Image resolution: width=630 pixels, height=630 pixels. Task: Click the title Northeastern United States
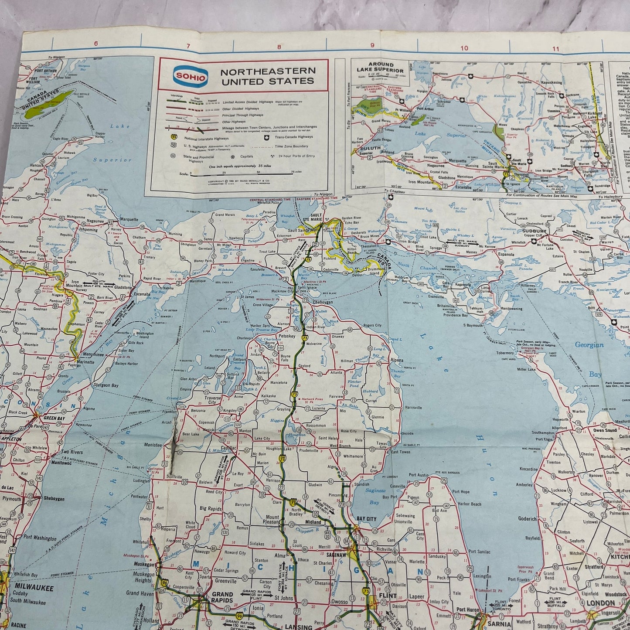tap(267, 76)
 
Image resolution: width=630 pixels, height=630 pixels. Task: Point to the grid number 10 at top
tap(464, 48)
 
